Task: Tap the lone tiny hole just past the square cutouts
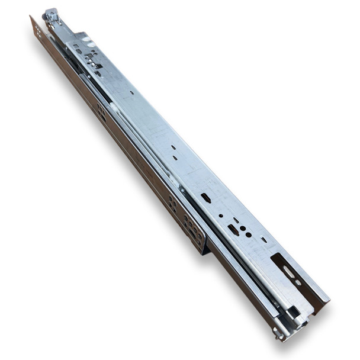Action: pyautogui.click(x=131, y=93)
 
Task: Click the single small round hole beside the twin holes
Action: pyautogui.click(x=220, y=216)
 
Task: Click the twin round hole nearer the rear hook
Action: pyautogui.click(x=242, y=228)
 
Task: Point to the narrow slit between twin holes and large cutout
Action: pyautogui.click(x=263, y=239)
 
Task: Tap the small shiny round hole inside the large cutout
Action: pyautogui.click(x=298, y=282)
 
